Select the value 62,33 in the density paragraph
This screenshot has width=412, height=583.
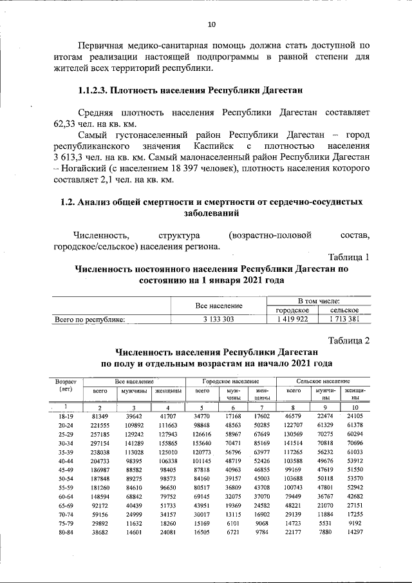(66, 124)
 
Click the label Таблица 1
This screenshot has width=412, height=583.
(348, 257)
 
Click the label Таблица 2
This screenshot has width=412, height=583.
(348, 340)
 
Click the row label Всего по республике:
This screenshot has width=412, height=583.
(89, 319)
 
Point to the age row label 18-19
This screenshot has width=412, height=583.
(66, 417)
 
